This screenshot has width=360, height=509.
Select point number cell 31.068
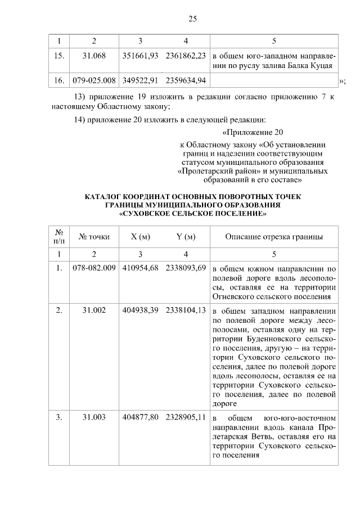[94, 56]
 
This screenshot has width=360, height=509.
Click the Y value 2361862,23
[186, 56]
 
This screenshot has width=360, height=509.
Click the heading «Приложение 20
[251, 133]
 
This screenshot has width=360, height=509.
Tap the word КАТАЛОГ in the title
[106, 197]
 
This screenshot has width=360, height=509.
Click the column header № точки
[94, 237]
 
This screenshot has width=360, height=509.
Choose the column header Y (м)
[186, 237]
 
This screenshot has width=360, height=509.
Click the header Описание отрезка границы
[274, 237]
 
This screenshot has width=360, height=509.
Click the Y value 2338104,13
[186, 310]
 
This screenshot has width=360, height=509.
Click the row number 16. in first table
[58, 81]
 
